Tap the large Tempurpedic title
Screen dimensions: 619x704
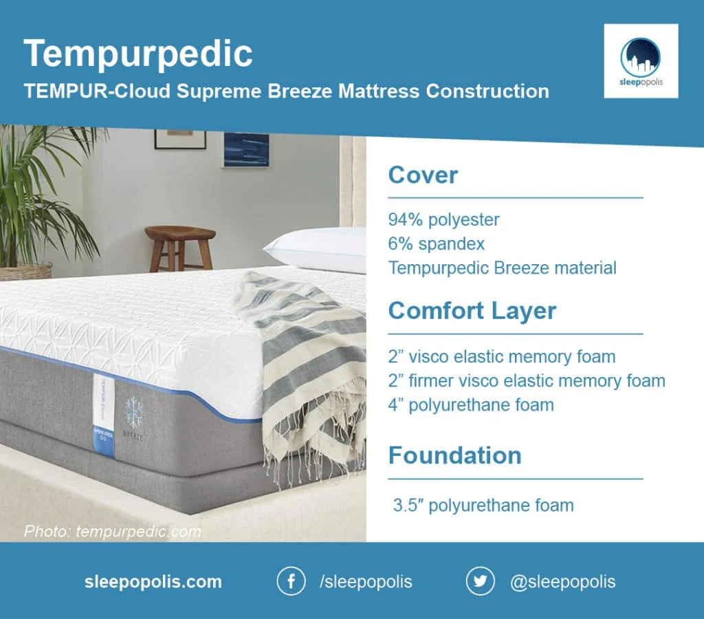[138, 54]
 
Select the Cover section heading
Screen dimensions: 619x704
[423, 175]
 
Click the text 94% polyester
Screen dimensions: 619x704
[443, 220]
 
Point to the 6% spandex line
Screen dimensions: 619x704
[437, 243]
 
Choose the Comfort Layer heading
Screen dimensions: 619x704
[472, 311]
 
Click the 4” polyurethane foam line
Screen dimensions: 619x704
[471, 404]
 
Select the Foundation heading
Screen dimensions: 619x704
[454, 455]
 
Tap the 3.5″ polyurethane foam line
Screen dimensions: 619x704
[483, 506]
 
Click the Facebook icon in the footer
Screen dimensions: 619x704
[291, 581]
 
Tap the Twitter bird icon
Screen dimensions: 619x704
[480, 581]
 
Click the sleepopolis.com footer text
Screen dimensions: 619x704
[153, 582]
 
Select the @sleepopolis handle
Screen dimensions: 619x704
[562, 582]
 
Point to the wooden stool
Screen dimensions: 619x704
[180, 248]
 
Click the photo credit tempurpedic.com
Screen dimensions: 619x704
[112, 531]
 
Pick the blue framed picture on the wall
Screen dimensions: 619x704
[245, 149]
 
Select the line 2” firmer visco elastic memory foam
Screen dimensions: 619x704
[527, 380]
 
